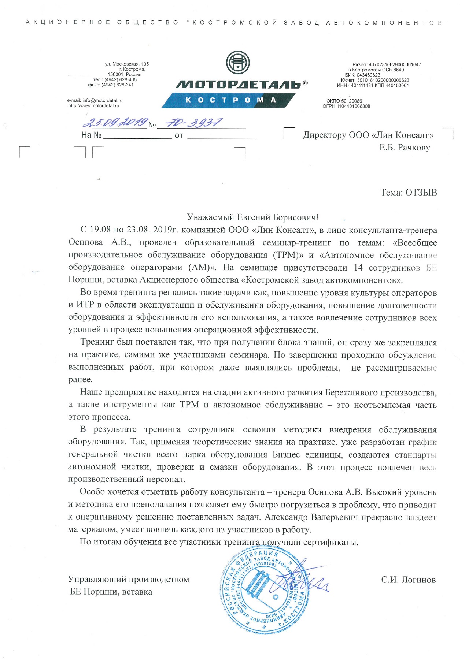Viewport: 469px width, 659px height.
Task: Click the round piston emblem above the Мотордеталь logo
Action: [238, 63]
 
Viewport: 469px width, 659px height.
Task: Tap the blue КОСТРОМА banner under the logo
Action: [229, 100]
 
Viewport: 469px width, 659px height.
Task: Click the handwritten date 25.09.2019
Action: [115, 122]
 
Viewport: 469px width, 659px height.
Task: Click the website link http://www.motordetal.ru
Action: [94, 106]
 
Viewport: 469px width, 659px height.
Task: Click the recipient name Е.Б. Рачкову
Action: [405, 148]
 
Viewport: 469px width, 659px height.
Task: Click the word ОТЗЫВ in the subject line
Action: [421, 193]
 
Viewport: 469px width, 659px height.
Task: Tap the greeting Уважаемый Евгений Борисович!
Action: [253, 217]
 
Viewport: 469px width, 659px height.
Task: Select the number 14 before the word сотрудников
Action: [358, 268]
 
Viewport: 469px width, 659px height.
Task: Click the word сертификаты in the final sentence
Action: [333, 542]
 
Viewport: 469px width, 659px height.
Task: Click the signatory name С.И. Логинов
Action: [408, 580]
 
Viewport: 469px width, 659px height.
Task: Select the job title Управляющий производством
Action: [129, 580]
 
